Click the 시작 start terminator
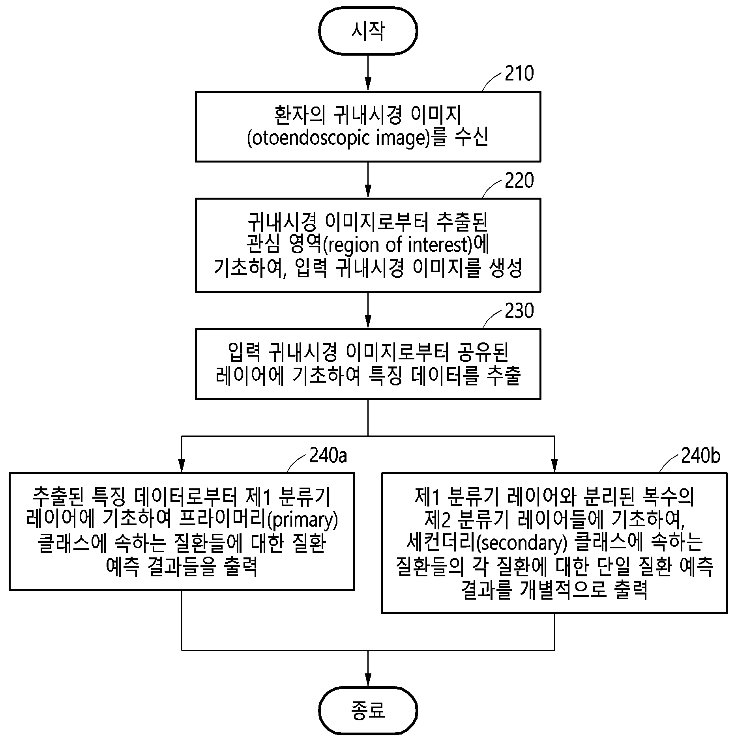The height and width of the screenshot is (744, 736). click(x=368, y=31)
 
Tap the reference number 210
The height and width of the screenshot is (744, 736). click(x=519, y=74)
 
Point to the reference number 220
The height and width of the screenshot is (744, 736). click(x=519, y=181)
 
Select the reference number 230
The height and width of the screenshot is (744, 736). click(x=519, y=311)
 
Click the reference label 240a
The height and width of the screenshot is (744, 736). click(x=328, y=456)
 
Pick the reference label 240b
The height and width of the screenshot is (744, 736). click(x=701, y=456)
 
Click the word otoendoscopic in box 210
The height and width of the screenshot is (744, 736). click(x=305, y=139)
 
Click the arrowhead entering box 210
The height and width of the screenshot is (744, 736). click(x=368, y=84)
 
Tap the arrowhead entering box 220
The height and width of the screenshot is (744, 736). click(x=368, y=191)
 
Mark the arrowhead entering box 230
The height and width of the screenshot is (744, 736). click(x=368, y=322)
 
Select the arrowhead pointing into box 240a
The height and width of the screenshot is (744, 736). click(x=182, y=466)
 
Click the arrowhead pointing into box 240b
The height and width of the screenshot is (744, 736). click(x=554, y=466)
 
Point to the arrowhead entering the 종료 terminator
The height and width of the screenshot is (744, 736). click(x=368, y=680)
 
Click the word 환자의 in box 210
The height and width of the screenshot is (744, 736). click(x=300, y=115)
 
